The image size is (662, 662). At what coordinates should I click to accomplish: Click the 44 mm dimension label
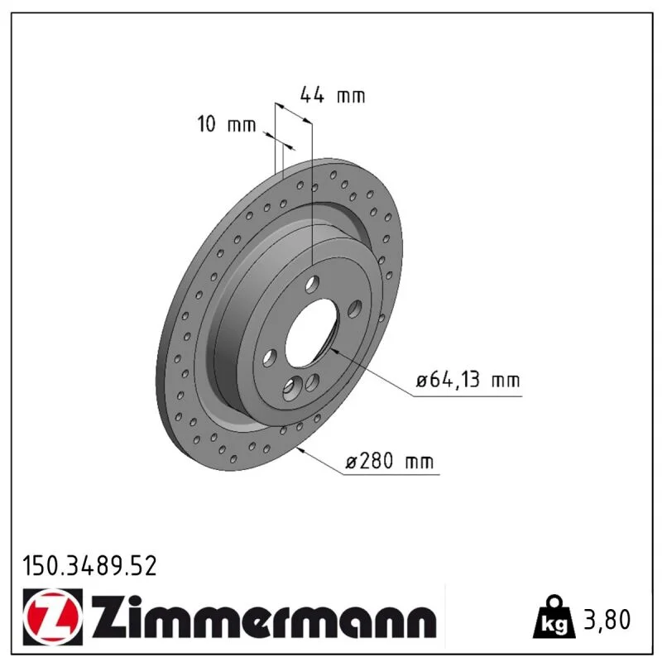(x=333, y=95)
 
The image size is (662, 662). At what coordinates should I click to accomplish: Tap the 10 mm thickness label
(x=227, y=124)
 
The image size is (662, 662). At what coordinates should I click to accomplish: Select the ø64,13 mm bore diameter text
(x=468, y=380)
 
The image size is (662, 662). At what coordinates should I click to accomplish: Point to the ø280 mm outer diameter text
(x=389, y=460)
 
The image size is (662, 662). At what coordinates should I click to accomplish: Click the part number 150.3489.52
(x=89, y=566)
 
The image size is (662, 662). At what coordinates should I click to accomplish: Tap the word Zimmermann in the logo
(x=263, y=617)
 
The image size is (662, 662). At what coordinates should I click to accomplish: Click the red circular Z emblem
(x=53, y=616)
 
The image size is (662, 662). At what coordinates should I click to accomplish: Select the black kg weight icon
(x=554, y=616)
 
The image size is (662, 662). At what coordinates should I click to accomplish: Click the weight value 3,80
(x=607, y=620)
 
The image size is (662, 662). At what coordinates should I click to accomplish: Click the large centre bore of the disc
(x=312, y=333)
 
